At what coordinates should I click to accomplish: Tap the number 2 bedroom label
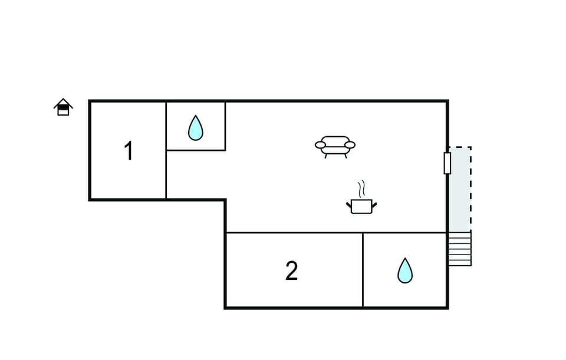click(292, 271)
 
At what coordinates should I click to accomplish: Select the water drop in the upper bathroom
click(196, 128)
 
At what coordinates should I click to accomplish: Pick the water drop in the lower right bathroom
click(405, 270)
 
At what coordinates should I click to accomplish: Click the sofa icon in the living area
click(335, 147)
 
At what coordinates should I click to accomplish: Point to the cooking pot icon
click(361, 206)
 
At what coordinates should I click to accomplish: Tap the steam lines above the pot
click(361, 189)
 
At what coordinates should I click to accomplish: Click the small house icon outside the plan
click(63, 107)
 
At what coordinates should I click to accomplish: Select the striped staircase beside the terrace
click(459, 249)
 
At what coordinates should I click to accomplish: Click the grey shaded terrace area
click(459, 189)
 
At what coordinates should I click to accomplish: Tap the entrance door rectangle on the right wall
click(447, 163)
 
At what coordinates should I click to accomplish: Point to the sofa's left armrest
click(320, 145)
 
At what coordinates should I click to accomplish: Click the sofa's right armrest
click(350, 145)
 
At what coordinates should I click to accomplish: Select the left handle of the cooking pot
click(348, 206)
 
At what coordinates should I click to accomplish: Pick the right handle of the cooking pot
click(374, 206)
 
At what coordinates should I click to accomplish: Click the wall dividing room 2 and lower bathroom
click(363, 270)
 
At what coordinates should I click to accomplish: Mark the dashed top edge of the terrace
click(460, 147)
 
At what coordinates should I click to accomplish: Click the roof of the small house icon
click(63, 103)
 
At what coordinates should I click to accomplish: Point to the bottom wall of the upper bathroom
click(196, 150)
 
